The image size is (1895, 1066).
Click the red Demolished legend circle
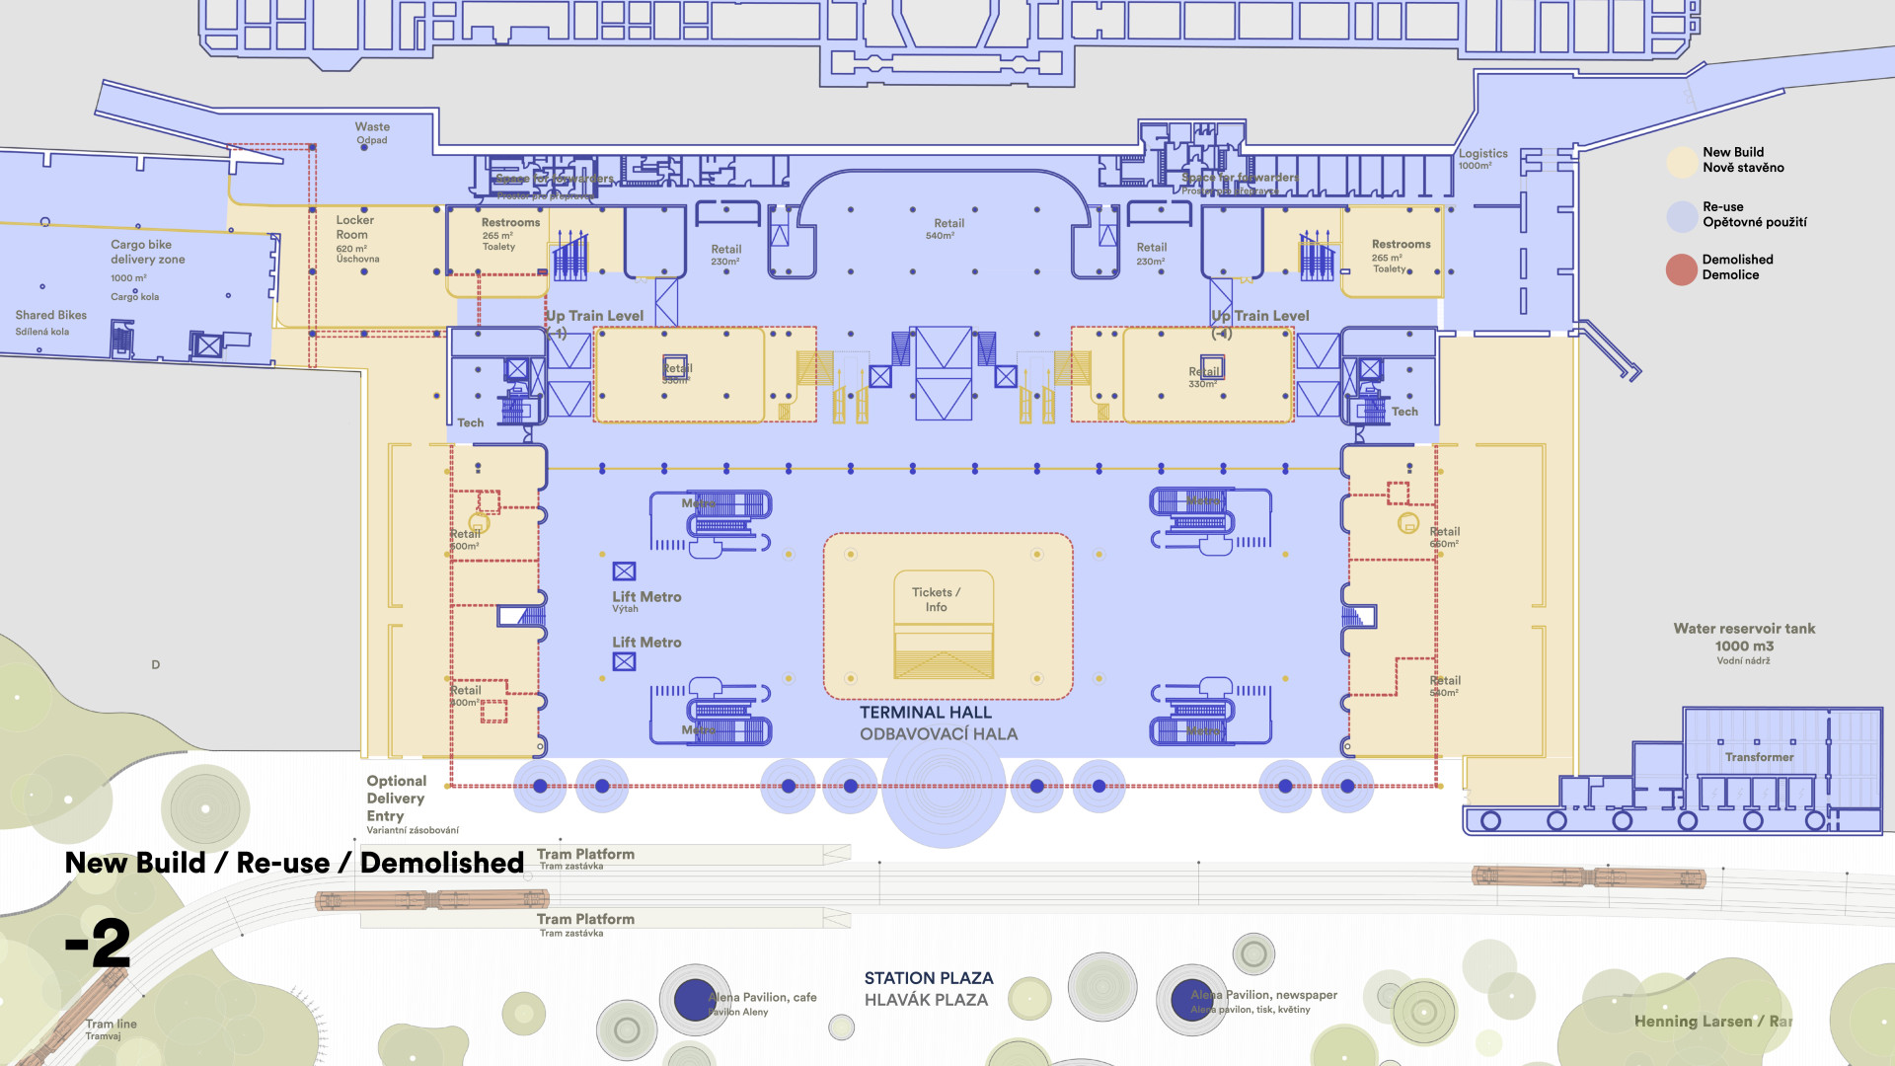[1682, 268]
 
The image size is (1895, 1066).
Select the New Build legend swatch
[1682, 162]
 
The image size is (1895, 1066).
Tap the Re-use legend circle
[1682, 216]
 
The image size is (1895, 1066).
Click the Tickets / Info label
[936, 599]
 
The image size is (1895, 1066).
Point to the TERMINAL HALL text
[925, 713]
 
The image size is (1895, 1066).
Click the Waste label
[372, 127]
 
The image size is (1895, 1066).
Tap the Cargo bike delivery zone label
[147, 252]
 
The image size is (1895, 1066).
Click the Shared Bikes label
[50, 316]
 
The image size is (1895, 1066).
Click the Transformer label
[1759, 757]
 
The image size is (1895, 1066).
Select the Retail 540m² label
[948, 228]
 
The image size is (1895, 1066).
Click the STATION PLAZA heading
[929, 978]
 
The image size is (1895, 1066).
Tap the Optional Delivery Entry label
[396, 799]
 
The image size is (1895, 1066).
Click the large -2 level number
[98, 944]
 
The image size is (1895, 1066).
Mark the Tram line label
[111, 1025]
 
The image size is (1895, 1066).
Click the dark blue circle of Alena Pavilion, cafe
[695, 1000]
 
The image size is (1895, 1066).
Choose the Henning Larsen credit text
[1711, 1022]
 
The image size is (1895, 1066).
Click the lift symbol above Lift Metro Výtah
[624, 571]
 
